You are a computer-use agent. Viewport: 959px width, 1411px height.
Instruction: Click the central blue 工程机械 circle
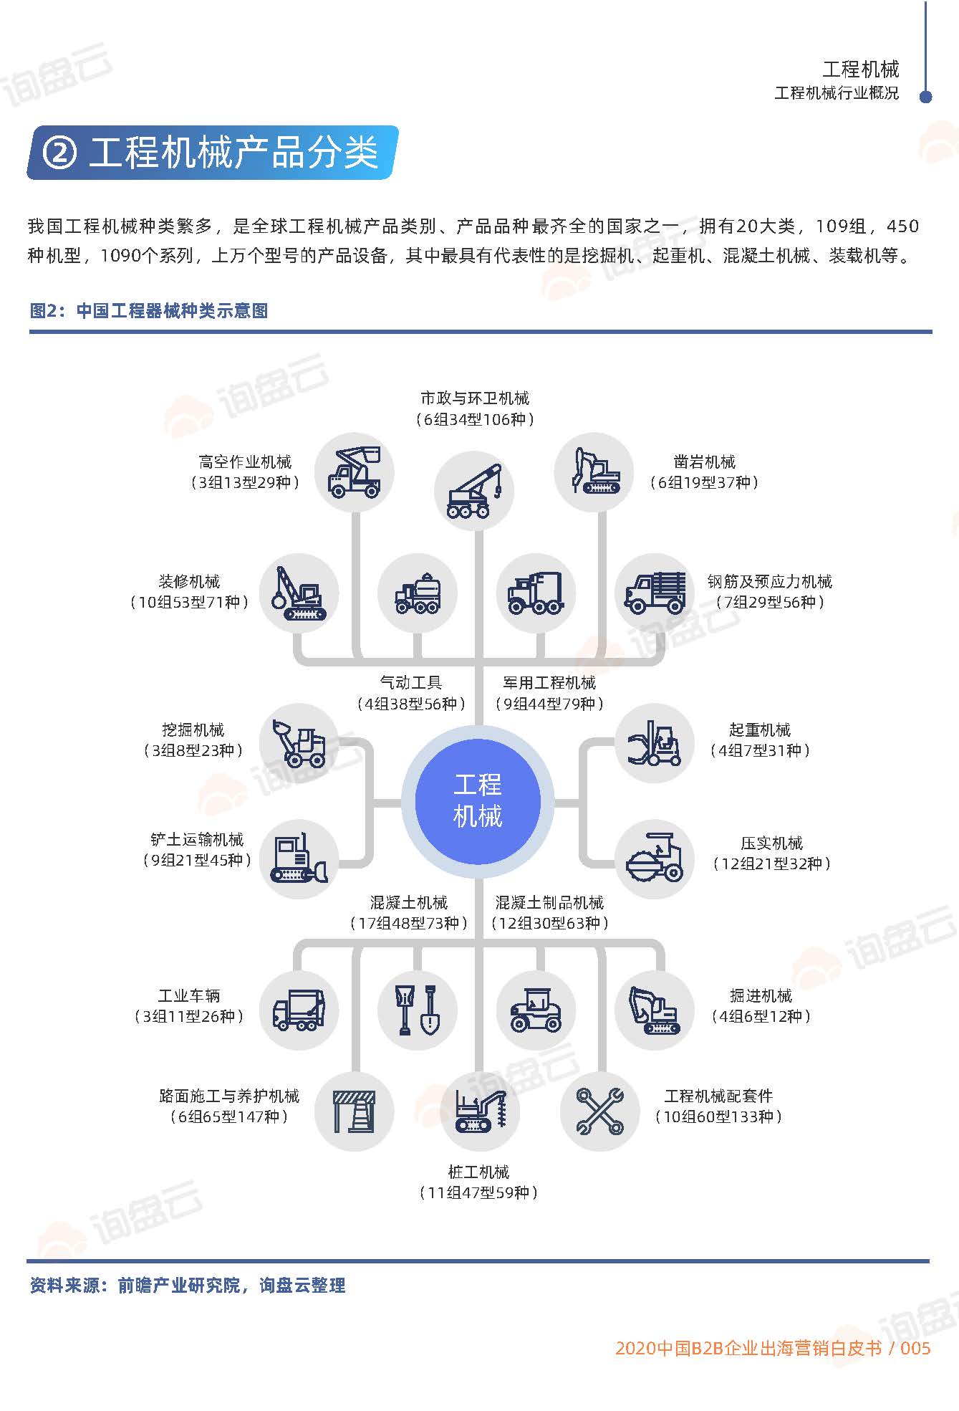(x=478, y=801)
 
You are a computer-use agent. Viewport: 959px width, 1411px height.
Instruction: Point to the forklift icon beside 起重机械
(x=655, y=743)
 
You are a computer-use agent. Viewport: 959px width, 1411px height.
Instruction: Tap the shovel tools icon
(x=418, y=1010)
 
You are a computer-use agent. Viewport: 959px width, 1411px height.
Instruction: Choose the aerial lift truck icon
(x=355, y=472)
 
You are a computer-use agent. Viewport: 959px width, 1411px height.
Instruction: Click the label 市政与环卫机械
(x=475, y=398)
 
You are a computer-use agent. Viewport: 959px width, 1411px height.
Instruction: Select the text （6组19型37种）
(x=704, y=483)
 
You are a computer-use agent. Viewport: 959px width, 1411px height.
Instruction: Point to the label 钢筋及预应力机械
(x=770, y=581)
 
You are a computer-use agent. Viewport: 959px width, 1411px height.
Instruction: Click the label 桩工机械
(x=478, y=1172)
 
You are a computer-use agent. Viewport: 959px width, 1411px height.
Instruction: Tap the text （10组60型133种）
(x=718, y=1116)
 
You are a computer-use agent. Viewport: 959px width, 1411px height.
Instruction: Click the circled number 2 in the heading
(x=59, y=152)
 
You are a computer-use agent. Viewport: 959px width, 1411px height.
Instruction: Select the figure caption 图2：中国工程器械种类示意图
(x=149, y=311)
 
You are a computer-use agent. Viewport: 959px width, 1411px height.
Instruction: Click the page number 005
(x=915, y=1349)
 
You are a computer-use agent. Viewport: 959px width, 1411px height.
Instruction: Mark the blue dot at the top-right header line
(x=925, y=97)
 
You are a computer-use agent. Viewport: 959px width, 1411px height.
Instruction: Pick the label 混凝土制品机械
(x=549, y=903)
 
